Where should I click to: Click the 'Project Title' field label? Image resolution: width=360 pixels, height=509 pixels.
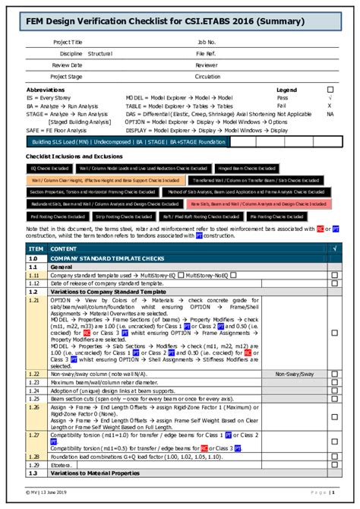[68, 43]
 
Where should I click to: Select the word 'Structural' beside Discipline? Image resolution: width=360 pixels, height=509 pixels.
[99, 54]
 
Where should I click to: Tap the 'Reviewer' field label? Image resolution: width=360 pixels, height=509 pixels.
[206, 65]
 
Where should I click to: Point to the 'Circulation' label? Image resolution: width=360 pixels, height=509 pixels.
[208, 77]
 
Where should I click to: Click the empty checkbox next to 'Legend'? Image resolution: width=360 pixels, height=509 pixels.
[330, 90]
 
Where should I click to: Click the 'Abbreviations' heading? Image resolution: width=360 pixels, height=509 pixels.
[45, 90]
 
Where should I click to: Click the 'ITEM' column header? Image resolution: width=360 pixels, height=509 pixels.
[36, 248]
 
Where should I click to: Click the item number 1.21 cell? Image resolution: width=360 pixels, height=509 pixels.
[35, 300]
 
